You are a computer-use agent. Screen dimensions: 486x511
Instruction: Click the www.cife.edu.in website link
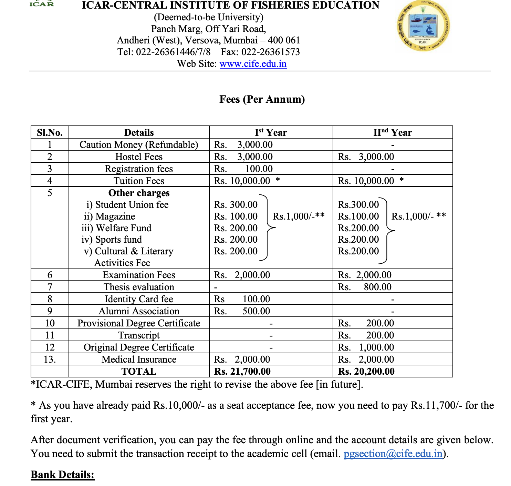[x=253, y=64]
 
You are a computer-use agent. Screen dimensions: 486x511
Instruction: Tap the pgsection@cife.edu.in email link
[x=393, y=453]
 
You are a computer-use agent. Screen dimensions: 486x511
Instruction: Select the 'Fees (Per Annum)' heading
[x=262, y=99]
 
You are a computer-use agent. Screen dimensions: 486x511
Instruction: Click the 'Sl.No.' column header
[x=50, y=133]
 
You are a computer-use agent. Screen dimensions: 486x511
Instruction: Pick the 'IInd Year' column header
[x=393, y=133]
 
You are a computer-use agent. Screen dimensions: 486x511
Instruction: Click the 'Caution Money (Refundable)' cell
[x=139, y=145]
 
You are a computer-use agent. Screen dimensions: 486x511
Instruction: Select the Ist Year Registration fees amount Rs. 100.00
[x=243, y=169]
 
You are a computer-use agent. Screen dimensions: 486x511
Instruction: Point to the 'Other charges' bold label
[x=139, y=193]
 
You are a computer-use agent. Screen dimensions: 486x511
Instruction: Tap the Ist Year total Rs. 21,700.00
[x=242, y=372]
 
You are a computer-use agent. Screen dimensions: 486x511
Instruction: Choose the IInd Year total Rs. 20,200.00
[x=366, y=372]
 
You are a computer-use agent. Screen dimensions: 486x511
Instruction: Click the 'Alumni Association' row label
[x=139, y=311]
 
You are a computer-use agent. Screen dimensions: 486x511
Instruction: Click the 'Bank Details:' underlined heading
[x=62, y=475]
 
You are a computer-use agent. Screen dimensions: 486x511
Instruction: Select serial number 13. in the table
[x=50, y=360]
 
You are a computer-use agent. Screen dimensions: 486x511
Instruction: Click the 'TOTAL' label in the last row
[x=139, y=372]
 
